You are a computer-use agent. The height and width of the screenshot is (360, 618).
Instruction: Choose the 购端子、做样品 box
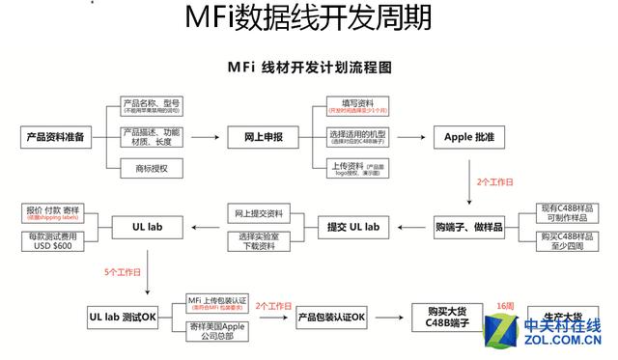[x=469, y=227]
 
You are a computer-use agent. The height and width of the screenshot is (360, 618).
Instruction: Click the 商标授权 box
[x=152, y=169]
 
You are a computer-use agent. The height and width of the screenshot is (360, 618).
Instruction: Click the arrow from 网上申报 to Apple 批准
[x=409, y=137]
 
